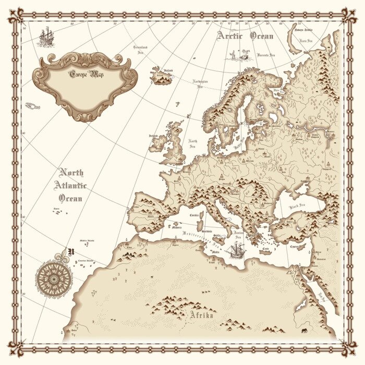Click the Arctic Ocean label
point(245,35)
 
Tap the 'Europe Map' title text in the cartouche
point(87,74)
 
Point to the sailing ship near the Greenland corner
point(46,36)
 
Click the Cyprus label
point(297,248)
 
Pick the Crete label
point(265,250)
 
